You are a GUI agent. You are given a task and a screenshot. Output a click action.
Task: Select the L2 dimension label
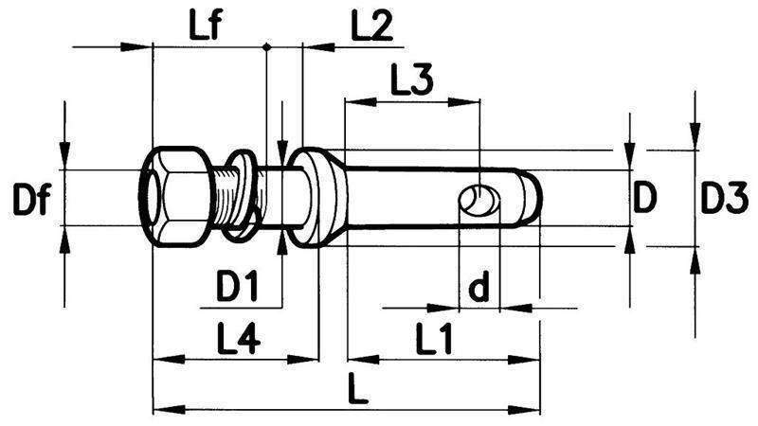[x=371, y=27]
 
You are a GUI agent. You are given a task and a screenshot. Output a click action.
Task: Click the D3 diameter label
[x=724, y=200]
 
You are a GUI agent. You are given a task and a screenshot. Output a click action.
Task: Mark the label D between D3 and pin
[x=645, y=200]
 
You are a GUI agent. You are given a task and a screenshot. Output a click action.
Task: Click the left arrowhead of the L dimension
[x=162, y=410]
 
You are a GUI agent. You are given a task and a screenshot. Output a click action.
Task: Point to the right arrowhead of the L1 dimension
[x=531, y=360]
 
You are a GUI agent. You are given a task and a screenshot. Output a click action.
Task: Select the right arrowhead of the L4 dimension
[x=307, y=360]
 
